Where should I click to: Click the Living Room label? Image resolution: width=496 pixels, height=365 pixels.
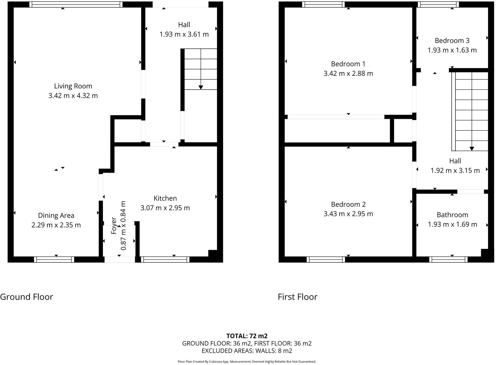(x=73, y=86)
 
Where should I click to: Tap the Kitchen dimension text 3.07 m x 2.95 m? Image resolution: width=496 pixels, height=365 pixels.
(x=165, y=208)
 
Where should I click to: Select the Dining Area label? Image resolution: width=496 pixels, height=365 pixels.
(x=56, y=215)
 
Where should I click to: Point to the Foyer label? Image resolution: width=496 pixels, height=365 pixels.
(x=114, y=226)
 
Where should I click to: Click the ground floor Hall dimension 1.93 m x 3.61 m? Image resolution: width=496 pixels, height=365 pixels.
(x=184, y=34)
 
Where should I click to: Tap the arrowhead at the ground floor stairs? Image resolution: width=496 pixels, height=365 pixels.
(x=201, y=87)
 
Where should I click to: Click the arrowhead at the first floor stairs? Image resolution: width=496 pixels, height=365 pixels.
(x=472, y=149)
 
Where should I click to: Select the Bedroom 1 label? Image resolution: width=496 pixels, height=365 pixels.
(x=348, y=64)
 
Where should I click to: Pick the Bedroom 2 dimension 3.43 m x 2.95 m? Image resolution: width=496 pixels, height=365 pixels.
(x=348, y=214)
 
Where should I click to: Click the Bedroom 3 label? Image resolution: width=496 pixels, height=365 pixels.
(x=452, y=41)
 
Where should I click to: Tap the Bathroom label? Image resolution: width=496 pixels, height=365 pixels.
(x=452, y=215)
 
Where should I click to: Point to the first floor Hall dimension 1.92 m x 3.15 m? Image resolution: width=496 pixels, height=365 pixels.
(x=455, y=170)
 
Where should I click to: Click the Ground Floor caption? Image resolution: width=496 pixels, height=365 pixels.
(x=26, y=297)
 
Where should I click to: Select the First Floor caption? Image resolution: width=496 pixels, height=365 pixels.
(x=297, y=297)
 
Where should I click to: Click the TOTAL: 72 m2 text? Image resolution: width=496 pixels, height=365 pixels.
(x=247, y=336)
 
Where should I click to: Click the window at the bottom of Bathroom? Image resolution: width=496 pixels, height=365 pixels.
(x=448, y=259)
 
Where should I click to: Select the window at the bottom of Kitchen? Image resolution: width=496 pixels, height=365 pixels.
(x=165, y=259)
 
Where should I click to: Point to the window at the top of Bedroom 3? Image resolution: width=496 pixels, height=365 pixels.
(x=438, y=4)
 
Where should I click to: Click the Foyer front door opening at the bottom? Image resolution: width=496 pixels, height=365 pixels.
(x=120, y=259)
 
